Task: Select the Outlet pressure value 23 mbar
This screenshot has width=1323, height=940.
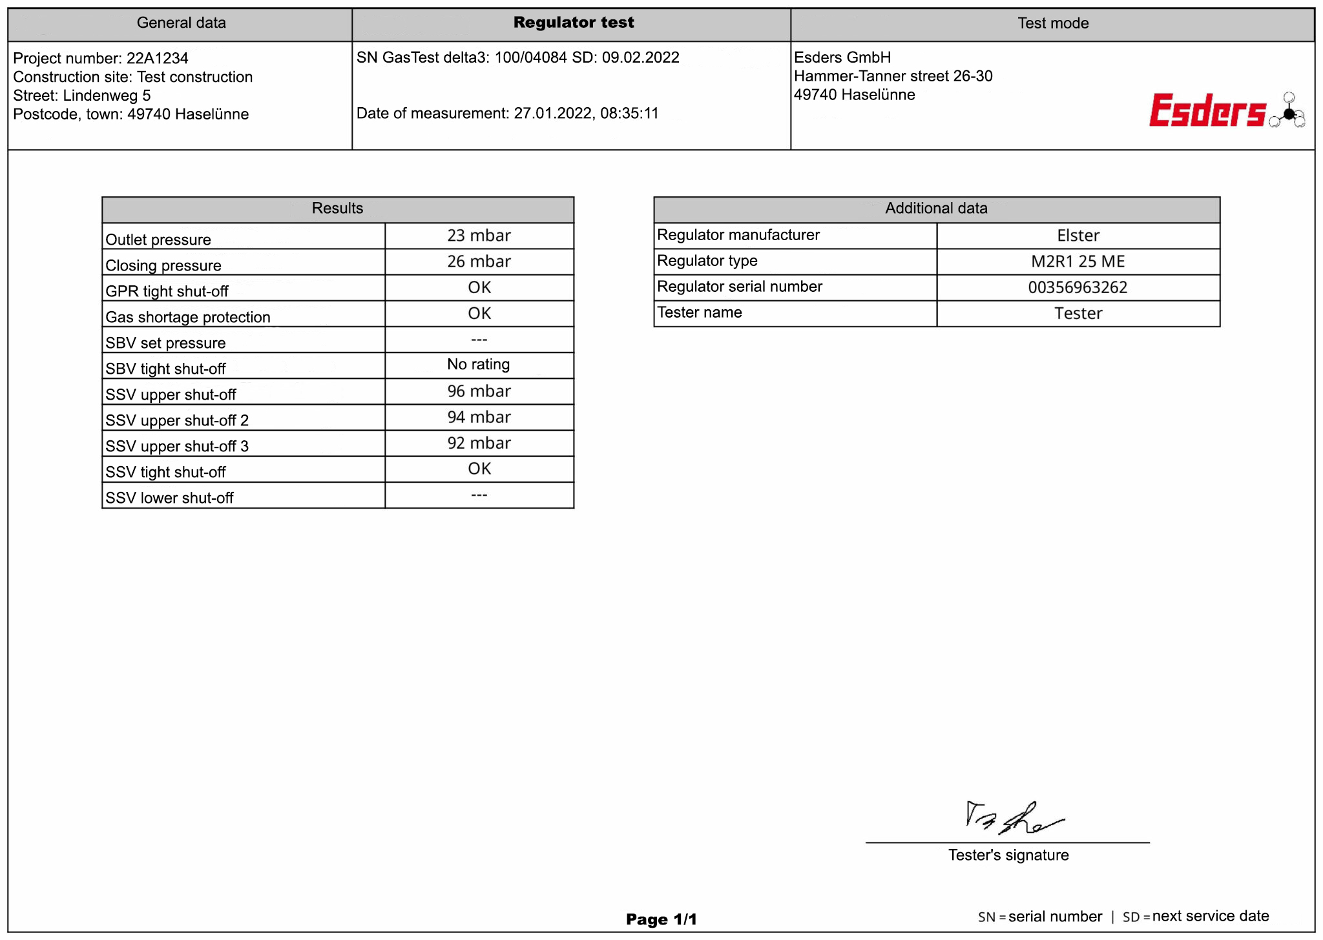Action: pyautogui.click(x=479, y=236)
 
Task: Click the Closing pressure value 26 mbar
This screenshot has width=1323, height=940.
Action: pyautogui.click(x=479, y=261)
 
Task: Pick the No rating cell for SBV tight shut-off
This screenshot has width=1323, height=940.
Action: pyautogui.click(x=479, y=365)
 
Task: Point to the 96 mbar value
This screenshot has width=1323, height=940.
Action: pyautogui.click(x=479, y=391)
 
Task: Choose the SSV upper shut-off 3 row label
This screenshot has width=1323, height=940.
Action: pyautogui.click(x=177, y=446)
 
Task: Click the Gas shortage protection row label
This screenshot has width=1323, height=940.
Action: pyautogui.click(x=188, y=317)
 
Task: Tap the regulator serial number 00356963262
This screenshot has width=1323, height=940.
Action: pyautogui.click(x=1078, y=287)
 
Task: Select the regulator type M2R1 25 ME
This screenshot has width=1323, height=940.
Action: pyautogui.click(x=1078, y=261)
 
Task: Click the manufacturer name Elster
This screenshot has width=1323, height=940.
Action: pyautogui.click(x=1078, y=236)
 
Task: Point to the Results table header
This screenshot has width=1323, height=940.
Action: pyautogui.click(x=337, y=209)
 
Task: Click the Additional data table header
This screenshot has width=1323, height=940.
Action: pyautogui.click(x=936, y=209)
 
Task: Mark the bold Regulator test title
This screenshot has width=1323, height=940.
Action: pyautogui.click(x=573, y=23)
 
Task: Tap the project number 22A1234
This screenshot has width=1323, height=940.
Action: pyautogui.click(x=157, y=58)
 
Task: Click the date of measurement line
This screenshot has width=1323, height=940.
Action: pyautogui.click(x=507, y=114)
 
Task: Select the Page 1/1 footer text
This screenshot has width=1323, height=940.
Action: pyautogui.click(x=661, y=919)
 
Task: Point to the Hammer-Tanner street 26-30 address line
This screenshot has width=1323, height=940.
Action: pyautogui.click(x=893, y=76)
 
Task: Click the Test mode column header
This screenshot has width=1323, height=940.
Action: pyautogui.click(x=1052, y=23)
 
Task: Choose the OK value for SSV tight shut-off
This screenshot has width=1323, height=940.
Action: pyautogui.click(x=479, y=469)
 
